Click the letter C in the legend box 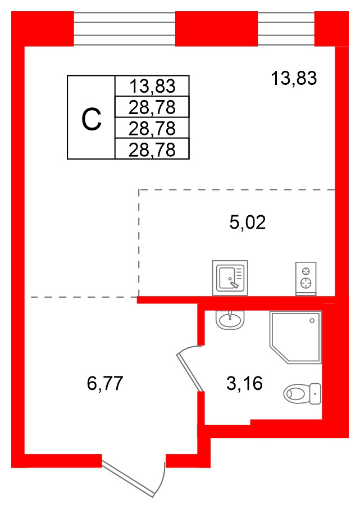point(91,120)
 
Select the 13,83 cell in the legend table point(152,86)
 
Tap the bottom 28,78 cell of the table point(152,149)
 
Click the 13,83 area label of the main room point(294,78)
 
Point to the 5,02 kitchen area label point(248,223)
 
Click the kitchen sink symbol point(230,278)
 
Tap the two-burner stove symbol point(306,278)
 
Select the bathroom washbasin point(230,320)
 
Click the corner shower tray point(295,337)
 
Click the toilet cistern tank point(315,393)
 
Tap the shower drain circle point(312,321)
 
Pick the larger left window point(125,29)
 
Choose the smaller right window point(286,29)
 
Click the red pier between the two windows point(217,29)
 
